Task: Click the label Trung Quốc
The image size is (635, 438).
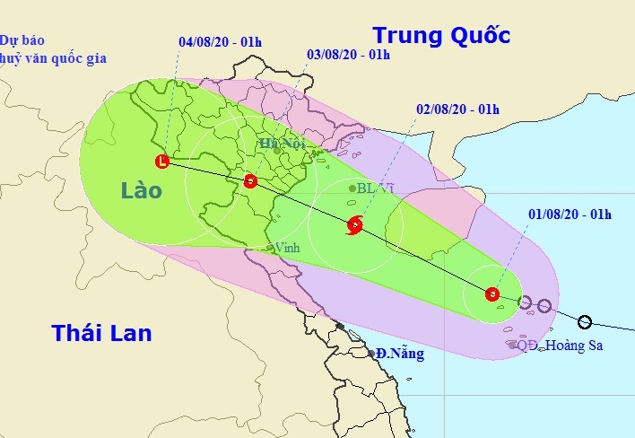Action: [x=441, y=36]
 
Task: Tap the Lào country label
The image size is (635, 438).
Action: [x=143, y=191]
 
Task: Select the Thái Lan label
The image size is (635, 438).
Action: [x=101, y=334]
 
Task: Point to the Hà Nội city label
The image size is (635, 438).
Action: [x=283, y=144]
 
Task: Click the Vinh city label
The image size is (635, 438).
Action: [x=287, y=247]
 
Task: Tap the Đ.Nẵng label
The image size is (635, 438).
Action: [x=399, y=354]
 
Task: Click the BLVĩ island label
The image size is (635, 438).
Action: [x=375, y=188]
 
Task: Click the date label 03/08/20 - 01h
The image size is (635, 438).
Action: [x=348, y=55]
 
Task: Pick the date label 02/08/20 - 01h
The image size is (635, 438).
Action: [x=457, y=109]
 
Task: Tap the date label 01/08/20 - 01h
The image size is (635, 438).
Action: [x=570, y=214]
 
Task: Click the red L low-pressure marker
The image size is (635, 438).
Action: [x=161, y=162]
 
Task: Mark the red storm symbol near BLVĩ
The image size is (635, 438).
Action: [x=353, y=225]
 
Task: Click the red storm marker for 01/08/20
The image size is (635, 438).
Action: [x=491, y=293]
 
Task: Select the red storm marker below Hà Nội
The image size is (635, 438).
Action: [x=250, y=182]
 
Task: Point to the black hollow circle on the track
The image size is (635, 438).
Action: [x=585, y=321]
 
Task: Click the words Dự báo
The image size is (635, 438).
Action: [x=22, y=40]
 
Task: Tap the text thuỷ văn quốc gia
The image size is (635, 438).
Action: [x=53, y=58]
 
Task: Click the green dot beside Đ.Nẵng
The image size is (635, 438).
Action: [x=372, y=354]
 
